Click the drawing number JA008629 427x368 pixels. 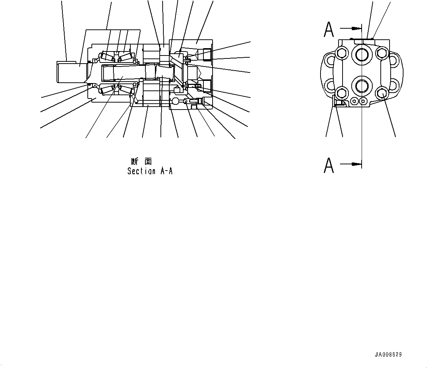coord(388,355)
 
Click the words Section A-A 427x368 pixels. coord(150,171)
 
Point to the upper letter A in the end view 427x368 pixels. coord(329,29)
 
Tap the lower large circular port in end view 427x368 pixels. coord(362,86)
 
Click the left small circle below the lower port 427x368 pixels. coord(354,100)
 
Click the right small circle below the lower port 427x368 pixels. coord(363,100)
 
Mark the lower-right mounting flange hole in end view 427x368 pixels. coord(392,86)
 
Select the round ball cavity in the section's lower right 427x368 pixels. coord(175,101)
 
